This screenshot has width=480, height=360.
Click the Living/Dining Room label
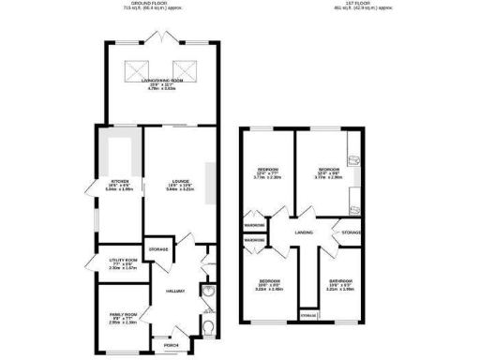coord(162,81)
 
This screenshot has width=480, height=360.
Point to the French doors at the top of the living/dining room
coord(162,37)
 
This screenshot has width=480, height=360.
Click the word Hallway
coord(175,291)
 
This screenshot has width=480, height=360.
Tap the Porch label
coord(171,343)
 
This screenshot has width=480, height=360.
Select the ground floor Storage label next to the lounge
coord(158,249)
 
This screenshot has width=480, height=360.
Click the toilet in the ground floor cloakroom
coord(208,326)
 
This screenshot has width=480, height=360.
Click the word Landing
coord(303,232)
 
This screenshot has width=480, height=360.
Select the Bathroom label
coord(339,280)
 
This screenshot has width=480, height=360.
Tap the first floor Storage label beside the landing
coord(352,232)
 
